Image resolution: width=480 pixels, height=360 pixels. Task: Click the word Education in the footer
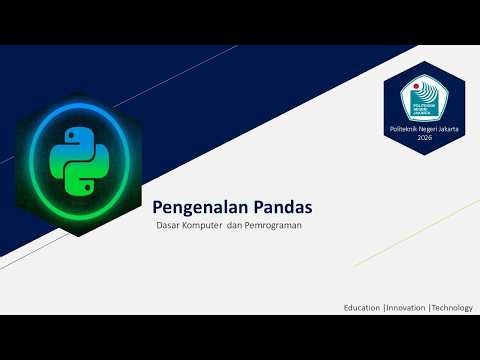coord(361,307)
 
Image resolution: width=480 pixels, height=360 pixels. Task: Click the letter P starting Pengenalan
coord(157,207)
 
